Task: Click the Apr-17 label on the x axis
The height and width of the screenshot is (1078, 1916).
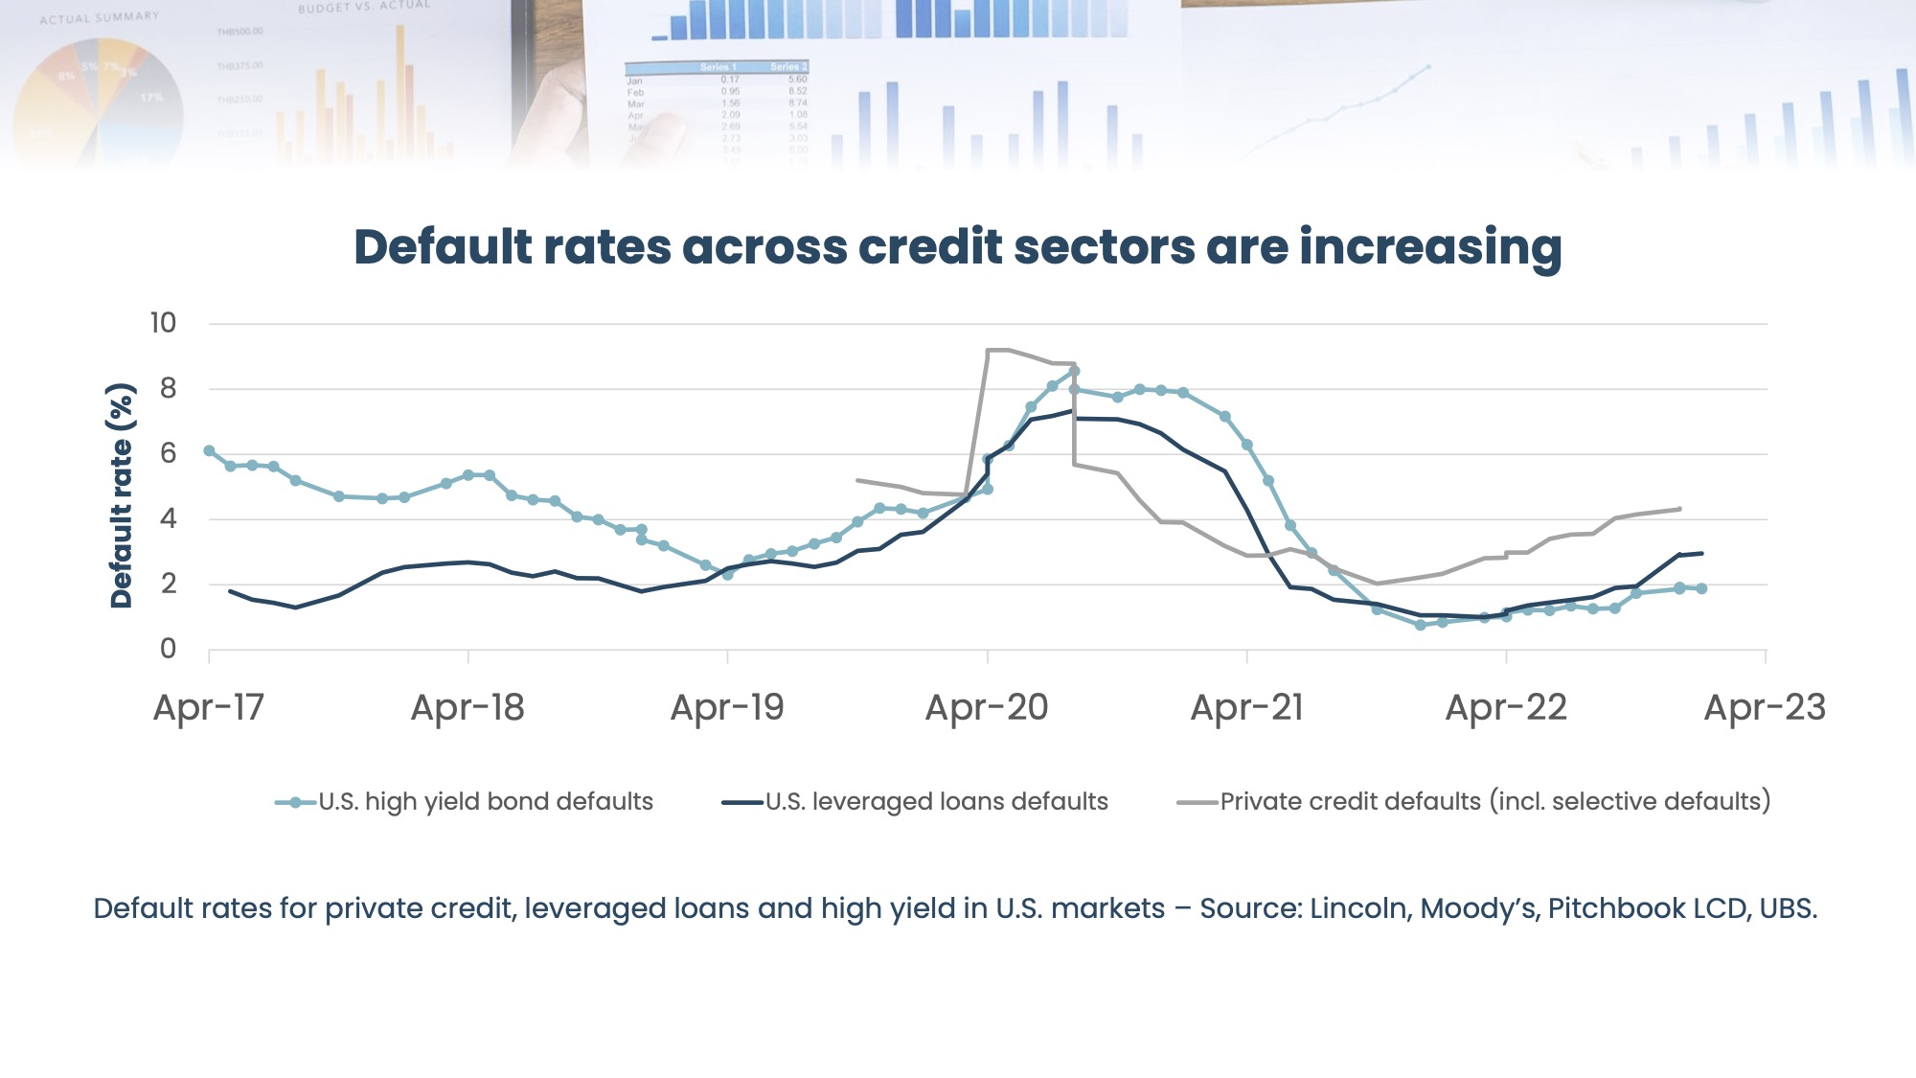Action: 208,708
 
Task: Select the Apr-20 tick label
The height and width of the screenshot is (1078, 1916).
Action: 987,708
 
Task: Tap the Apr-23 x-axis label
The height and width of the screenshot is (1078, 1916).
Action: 1765,708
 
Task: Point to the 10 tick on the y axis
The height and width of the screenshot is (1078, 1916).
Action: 163,323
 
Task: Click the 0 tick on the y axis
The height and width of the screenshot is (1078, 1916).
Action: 168,649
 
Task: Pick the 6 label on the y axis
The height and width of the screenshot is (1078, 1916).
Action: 168,453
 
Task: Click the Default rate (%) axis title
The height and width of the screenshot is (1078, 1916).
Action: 121,495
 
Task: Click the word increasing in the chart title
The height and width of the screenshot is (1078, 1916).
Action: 1430,247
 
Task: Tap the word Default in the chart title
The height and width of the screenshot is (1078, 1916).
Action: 443,247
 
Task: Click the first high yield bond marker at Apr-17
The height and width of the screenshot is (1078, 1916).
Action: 209,450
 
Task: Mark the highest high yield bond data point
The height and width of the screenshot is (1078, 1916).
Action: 1074,371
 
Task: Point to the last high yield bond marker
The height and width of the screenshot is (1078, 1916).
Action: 1701,588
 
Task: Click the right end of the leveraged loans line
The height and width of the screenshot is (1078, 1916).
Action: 1701,553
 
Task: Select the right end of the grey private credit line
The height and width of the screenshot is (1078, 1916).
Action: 1679,509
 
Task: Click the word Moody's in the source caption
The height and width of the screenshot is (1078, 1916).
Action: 1479,908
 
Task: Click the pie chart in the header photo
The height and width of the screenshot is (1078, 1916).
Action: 99,101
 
